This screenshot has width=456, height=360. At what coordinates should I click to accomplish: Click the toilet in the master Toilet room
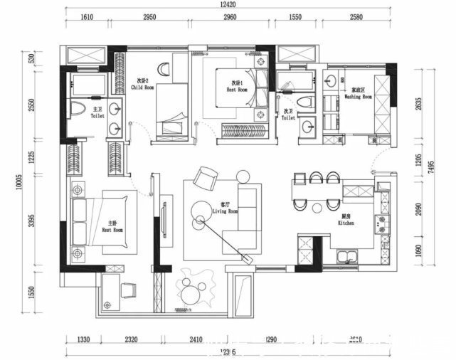point(79,110)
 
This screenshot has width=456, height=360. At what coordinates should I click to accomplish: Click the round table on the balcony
point(191,291)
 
